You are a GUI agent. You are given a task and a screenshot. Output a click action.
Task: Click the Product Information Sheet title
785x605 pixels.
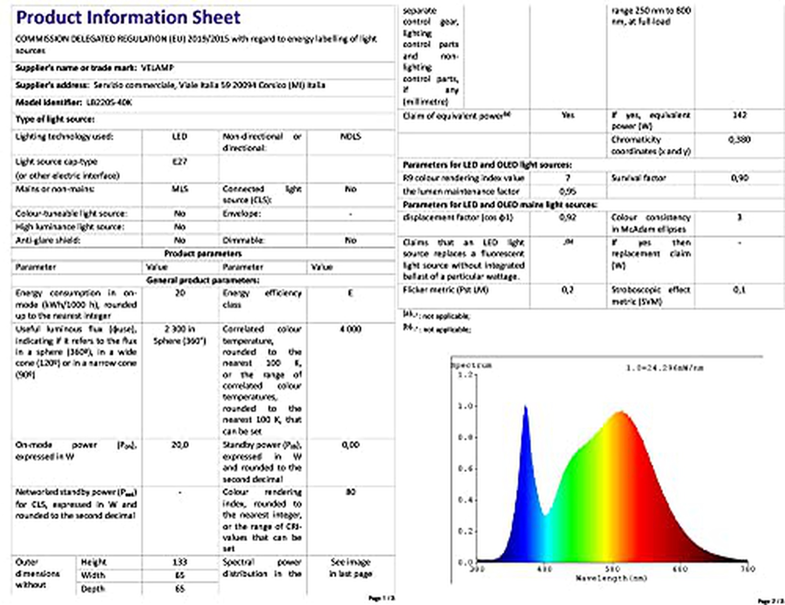click(128, 18)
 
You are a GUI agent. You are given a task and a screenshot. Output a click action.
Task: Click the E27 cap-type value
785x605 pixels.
click(180, 162)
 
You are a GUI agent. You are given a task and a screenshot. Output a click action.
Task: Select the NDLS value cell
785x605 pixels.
click(351, 137)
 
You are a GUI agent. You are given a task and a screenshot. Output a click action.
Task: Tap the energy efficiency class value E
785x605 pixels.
click(351, 293)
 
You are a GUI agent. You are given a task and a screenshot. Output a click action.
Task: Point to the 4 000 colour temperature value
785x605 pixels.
click(351, 329)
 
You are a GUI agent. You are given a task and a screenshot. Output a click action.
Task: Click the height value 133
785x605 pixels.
click(180, 562)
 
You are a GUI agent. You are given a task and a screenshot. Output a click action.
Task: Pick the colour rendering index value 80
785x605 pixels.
click(351, 492)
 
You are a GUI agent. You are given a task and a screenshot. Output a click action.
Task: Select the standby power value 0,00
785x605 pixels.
click(351, 445)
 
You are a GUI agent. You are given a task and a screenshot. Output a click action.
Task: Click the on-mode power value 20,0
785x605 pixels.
click(180, 445)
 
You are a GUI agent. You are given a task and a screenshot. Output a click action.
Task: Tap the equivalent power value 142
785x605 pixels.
click(739, 115)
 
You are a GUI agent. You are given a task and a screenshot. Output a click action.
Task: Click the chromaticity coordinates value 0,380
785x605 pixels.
click(739, 139)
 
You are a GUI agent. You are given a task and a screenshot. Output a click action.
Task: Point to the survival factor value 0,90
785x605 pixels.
click(739, 178)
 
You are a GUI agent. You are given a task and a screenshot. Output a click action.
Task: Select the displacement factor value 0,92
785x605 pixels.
click(568, 217)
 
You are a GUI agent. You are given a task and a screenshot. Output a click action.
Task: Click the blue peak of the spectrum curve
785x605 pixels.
click(526, 407)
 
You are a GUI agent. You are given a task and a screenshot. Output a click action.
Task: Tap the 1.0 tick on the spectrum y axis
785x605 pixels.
click(465, 406)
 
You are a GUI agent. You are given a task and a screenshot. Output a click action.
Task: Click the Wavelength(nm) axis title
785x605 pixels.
click(611, 578)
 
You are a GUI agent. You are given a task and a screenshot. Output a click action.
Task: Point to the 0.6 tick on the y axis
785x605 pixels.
click(465, 469)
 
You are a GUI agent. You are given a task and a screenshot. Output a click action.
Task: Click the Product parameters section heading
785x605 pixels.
click(203, 254)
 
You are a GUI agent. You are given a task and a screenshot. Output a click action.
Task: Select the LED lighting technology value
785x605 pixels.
click(180, 137)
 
